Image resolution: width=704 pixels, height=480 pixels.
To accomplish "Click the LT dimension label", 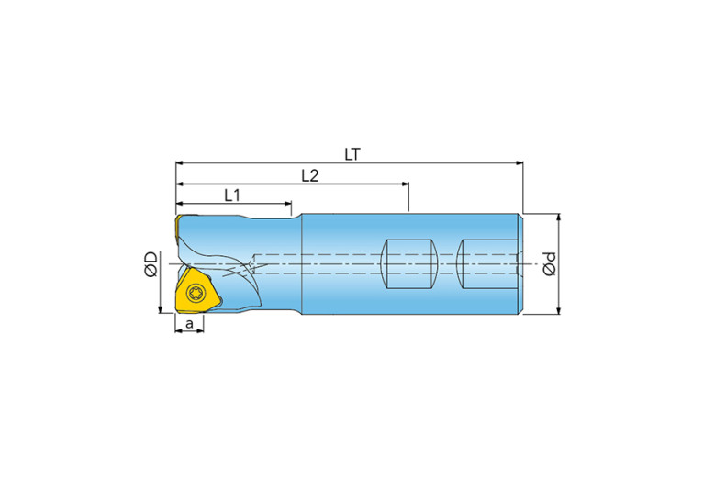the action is pyautogui.click(x=352, y=154).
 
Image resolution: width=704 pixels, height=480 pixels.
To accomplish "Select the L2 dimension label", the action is pyautogui.click(x=310, y=175).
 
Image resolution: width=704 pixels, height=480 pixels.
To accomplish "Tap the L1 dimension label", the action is pyautogui.click(x=232, y=195).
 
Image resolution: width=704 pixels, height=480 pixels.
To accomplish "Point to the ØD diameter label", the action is pyautogui.click(x=151, y=264).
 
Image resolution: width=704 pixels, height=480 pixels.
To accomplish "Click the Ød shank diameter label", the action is pyautogui.click(x=549, y=263).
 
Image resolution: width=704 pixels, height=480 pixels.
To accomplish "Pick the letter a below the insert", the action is pyautogui.click(x=189, y=323).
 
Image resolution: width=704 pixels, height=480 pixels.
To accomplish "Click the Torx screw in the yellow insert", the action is pyautogui.click(x=196, y=292).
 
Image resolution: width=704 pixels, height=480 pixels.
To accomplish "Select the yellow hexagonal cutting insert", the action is pyautogui.click(x=197, y=291).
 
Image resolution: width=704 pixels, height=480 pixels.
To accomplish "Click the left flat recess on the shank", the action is pyautogui.click(x=408, y=264).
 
